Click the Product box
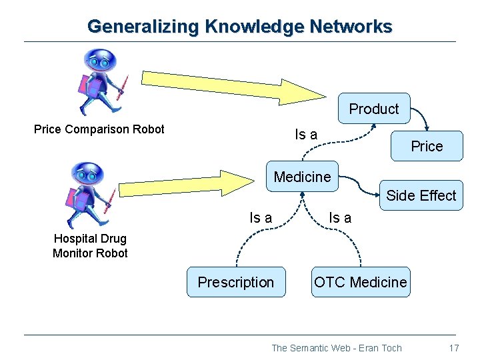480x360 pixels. pos(373,109)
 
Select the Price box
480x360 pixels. pos(427,146)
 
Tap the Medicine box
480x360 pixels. pos(302,177)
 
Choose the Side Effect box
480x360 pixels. pos(421,195)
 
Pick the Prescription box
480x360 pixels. pos(235,282)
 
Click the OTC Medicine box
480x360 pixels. pos(360,282)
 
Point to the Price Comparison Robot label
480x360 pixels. pos(99,129)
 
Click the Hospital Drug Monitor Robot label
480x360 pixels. pos(90,245)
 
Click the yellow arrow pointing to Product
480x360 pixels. pos(220,81)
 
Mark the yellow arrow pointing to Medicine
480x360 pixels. pos(193,187)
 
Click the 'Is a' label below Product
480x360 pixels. pos(306,134)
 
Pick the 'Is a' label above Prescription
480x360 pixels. pos(260,217)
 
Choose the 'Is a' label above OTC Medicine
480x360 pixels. pos(340,217)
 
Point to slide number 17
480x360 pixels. pos(454,347)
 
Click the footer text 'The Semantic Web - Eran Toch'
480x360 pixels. pos(337,347)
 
